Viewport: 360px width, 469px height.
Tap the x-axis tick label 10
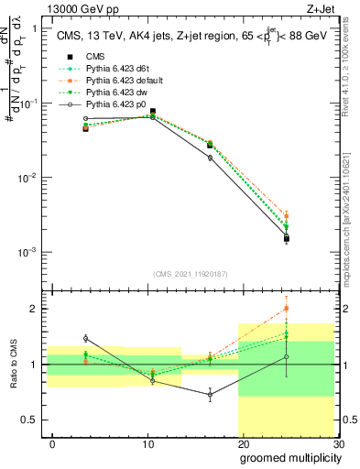(147, 442)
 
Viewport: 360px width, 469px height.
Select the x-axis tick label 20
(243, 442)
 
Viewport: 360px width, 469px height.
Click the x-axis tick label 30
(337, 442)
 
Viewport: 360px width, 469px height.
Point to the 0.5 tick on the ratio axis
(35, 420)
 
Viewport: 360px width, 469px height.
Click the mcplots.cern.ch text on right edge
(352, 220)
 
